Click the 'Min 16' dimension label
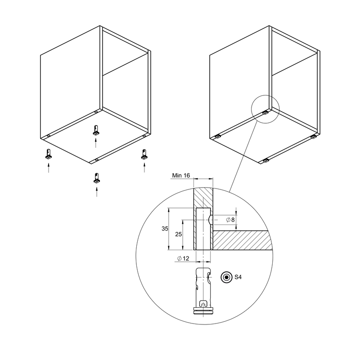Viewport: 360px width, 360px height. (181, 175)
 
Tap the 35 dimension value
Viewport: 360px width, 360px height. (165, 229)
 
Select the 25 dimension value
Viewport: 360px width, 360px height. (178, 234)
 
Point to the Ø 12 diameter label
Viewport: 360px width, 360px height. (183, 258)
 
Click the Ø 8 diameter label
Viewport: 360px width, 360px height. (230, 220)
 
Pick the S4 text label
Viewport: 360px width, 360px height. (238, 277)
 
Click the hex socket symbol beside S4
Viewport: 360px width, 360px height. (227, 277)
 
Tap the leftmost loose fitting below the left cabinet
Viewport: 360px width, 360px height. (49, 154)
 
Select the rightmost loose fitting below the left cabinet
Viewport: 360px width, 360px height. (144, 154)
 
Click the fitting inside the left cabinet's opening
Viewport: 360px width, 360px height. (96, 130)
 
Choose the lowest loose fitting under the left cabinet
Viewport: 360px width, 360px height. (97, 178)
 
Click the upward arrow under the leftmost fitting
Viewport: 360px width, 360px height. (49, 168)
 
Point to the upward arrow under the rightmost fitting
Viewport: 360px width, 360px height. (144, 167)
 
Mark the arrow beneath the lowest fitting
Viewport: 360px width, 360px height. (97, 192)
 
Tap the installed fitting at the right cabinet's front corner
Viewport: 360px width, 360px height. (266, 161)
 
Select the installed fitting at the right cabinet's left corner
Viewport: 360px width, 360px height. (217, 137)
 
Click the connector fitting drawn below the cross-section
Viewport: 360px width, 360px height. (203, 292)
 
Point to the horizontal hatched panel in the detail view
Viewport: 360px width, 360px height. (243, 240)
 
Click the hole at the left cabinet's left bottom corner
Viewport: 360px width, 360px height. (49, 136)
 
